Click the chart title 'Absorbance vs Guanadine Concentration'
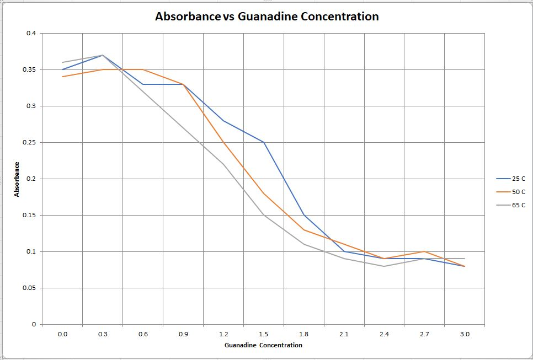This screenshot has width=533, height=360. pos(266,17)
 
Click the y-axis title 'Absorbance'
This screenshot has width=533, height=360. pos(17,179)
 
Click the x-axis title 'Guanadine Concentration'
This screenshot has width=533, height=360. pos(264,345)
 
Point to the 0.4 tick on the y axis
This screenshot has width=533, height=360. pos(31,33)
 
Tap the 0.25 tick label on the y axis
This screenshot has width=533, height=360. pos(30,142)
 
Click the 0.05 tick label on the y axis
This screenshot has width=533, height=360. pos(30,288)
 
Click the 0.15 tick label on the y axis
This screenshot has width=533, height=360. pos(30,215)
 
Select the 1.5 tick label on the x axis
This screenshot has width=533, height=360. pos(264,334)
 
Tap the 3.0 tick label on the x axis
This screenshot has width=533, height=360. pos(465,334)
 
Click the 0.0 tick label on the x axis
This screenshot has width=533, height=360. pos(62,334)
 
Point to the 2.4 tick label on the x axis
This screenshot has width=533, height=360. pos(384,334)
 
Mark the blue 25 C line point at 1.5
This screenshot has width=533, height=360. pos(264,142)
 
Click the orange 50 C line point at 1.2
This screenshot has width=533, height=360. pos(223,142)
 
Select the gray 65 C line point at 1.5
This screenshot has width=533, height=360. pos(264,215)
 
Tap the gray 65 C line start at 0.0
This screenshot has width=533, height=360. pos(62,62)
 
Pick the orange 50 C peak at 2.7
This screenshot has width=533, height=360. pos(424,251)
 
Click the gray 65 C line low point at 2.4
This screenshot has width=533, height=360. pos(384,266)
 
